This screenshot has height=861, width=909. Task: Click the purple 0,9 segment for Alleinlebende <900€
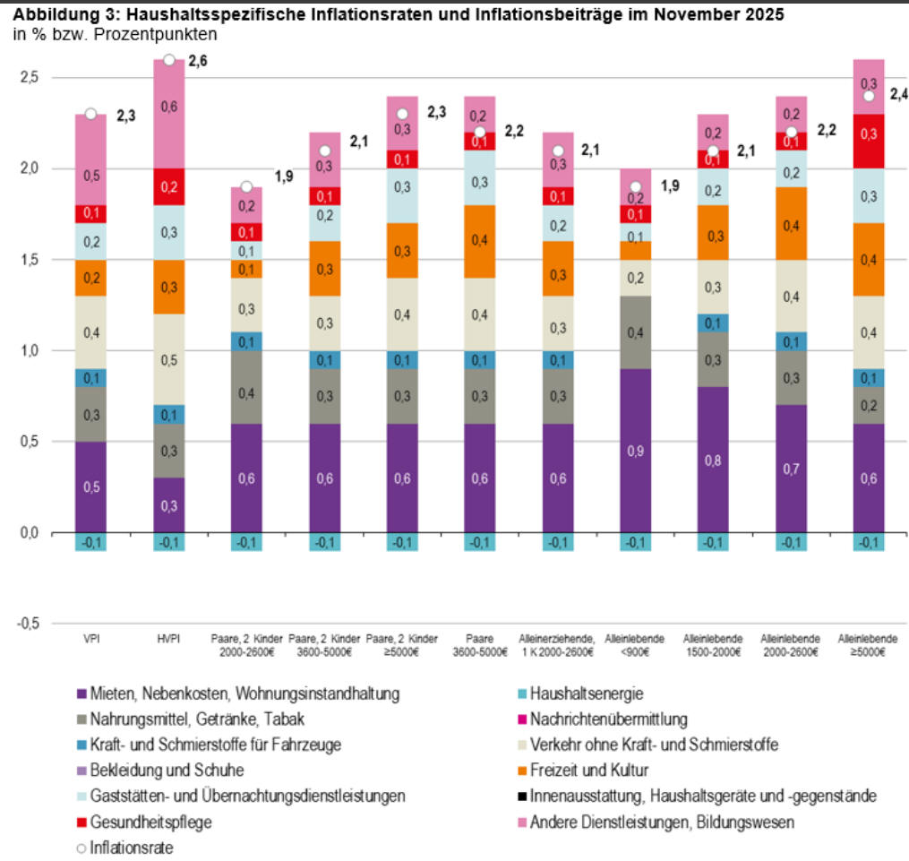[635, 451]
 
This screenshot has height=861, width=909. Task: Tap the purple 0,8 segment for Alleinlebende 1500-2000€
[713, 460]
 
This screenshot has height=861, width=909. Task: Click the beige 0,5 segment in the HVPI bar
[168, 359]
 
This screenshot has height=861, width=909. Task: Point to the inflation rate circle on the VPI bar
[90, 114]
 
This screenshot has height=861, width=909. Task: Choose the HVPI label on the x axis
[168, 639]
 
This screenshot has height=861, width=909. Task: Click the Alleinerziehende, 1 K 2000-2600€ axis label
[557, 645]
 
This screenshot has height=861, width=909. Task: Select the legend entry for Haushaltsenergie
[587, 693]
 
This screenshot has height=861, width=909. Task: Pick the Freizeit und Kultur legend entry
[588, 771]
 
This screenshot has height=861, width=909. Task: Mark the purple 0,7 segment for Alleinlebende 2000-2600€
[790, 469]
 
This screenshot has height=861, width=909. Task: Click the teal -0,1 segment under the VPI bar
[90, 542]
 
